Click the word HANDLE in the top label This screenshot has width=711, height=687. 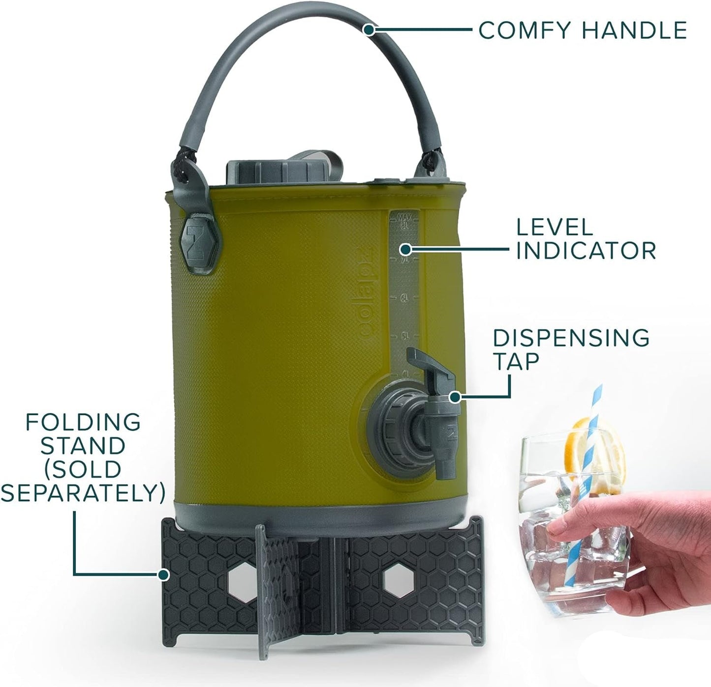[x=634, y=30]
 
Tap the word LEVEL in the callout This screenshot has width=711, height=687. [x=555, y=228]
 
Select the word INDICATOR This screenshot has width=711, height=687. [x=586, y=251]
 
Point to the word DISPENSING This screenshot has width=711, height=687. [x=571, y=338]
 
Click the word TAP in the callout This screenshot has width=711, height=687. [x=516, y=362]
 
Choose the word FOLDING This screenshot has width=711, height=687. [x=83, y=422]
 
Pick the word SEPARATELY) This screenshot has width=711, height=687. [x=83, y=493]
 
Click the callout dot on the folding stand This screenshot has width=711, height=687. [x=164, y=574]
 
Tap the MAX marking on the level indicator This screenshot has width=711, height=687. [x=404, y=217]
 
